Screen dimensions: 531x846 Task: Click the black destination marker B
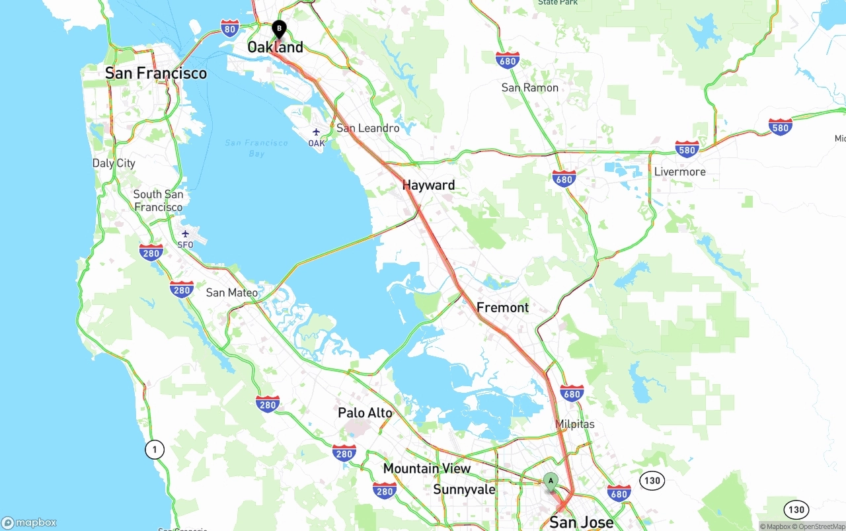279,29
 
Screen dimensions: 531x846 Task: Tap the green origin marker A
551,481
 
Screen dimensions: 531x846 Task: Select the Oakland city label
275,48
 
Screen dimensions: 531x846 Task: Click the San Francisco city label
156,73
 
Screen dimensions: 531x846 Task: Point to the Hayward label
428,186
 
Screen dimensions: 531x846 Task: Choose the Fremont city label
502,307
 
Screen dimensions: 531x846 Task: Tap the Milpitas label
575,425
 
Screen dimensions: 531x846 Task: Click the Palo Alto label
365,413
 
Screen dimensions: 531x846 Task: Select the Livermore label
679,172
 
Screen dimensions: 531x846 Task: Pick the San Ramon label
529,88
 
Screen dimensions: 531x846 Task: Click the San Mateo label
232,293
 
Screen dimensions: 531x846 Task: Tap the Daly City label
114,163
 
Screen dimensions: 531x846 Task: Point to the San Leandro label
367,128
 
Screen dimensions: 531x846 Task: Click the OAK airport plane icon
316,132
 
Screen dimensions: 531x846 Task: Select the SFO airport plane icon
185,233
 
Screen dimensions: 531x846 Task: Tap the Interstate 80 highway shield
229,27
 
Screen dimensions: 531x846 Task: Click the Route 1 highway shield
155,450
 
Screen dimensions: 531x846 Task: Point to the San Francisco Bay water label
256,148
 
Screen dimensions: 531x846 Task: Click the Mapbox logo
29,522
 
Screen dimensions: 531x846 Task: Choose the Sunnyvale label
464,490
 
